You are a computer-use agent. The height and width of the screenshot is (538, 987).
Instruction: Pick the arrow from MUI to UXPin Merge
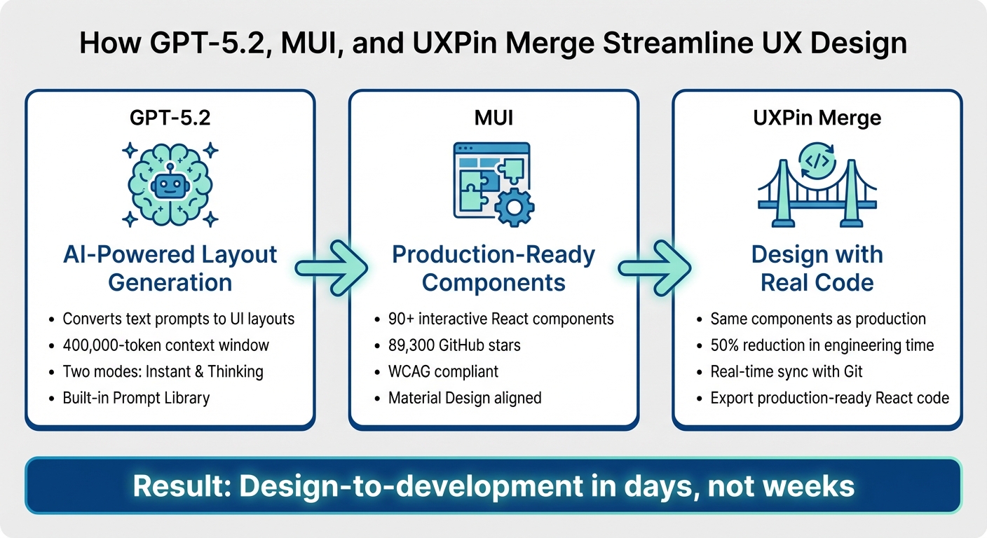[654, 268]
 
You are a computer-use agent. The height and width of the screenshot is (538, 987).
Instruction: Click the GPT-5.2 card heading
[170, 117]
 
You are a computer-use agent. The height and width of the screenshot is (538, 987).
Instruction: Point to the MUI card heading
[494, 117]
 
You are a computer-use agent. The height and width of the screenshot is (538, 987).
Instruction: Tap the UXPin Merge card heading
[817, 117]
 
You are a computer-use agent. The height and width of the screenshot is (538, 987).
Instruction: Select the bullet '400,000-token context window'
[165, 345]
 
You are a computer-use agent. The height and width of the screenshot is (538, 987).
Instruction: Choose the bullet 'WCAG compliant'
[443, 371]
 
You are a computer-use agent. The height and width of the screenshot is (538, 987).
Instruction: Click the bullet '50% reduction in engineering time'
[822, 345]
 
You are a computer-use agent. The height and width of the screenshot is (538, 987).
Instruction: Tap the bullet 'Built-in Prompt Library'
[136, 398]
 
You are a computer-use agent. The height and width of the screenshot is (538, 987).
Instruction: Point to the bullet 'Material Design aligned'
[465, 398]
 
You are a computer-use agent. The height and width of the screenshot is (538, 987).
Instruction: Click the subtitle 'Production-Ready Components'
[494, 268]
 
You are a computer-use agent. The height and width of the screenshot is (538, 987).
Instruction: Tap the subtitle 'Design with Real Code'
[817, 268]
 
